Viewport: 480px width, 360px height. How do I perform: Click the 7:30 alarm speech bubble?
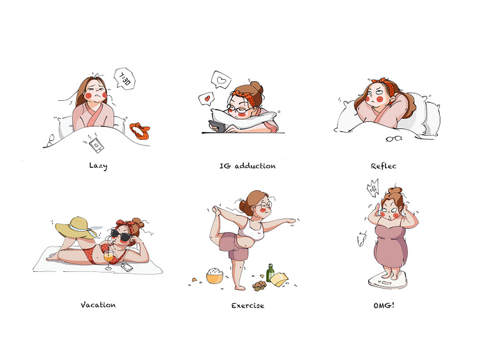[x=124, y=79]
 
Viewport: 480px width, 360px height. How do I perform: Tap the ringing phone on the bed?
[x=96, y=145]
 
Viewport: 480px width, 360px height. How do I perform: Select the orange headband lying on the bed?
[x=140, y=131]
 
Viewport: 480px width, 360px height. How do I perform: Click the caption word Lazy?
[x=98, y=166]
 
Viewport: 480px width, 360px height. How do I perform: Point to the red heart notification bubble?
[x=207, y=99]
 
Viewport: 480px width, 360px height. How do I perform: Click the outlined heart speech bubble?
[x=221, y=80]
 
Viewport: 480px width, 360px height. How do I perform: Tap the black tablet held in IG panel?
[x=217, y=126]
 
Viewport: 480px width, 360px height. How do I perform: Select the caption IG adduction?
[x=248, y=166]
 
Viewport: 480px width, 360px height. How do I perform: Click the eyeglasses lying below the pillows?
[x=394, y=139]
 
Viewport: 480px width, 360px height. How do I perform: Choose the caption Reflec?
[x=384, y=166]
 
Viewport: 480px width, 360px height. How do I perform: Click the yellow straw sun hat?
[x=77, y=227]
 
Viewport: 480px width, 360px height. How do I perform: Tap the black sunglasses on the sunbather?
[x=121, y=236]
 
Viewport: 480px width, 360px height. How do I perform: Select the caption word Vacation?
[x=98, y=305]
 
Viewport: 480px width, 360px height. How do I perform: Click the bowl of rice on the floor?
[x=214, y=276]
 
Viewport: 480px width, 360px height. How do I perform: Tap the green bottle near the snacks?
[x=270, y=273]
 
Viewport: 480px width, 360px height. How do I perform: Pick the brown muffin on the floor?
[x=259, y=286]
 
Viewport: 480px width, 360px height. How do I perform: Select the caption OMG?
[x=384, y=305]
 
